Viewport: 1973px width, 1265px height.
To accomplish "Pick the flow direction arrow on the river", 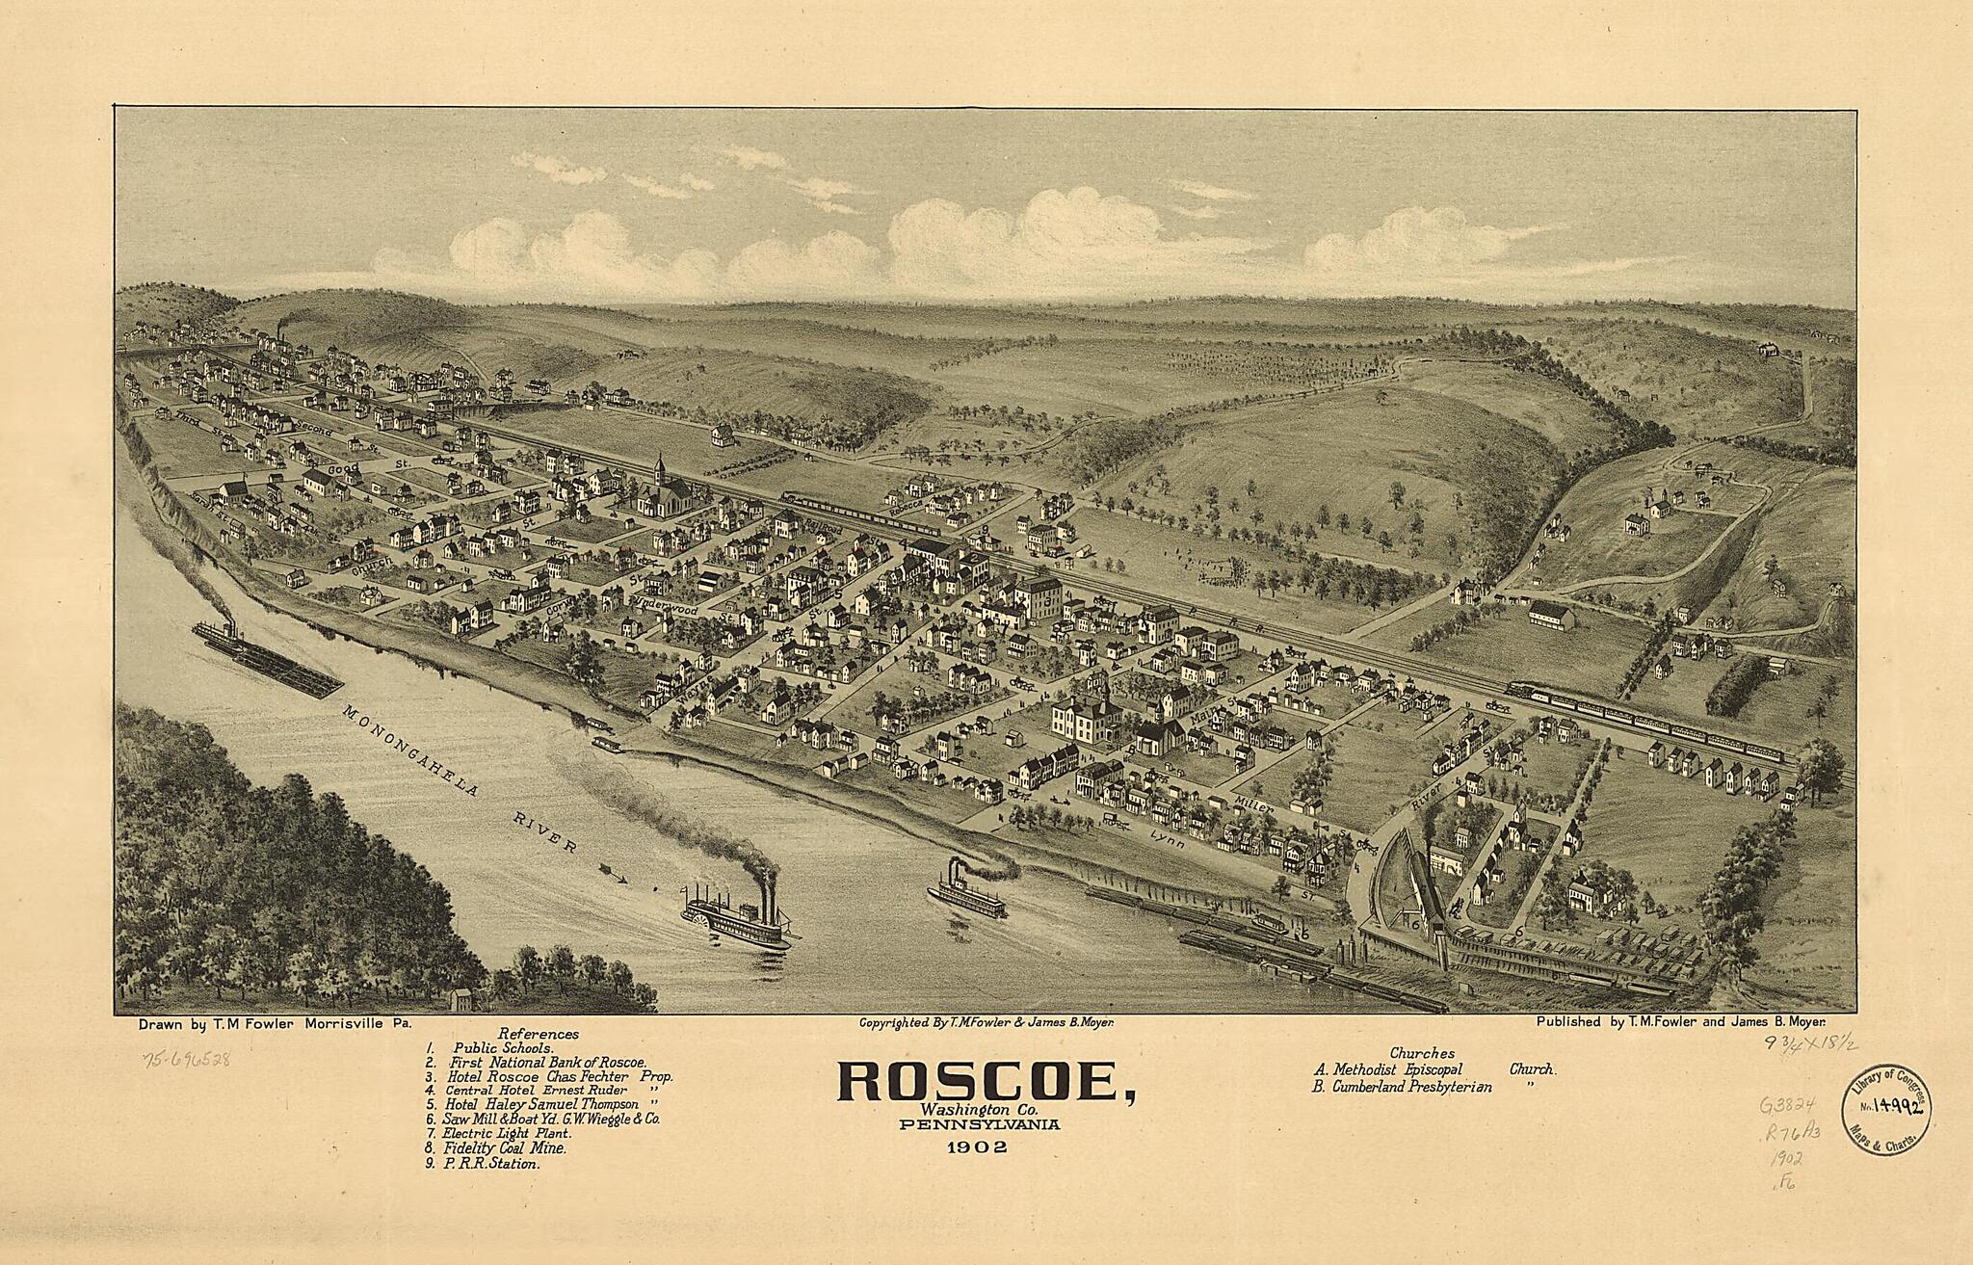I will pos(613,875).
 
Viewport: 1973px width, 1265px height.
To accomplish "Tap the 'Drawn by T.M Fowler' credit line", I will pos(275,1027).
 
